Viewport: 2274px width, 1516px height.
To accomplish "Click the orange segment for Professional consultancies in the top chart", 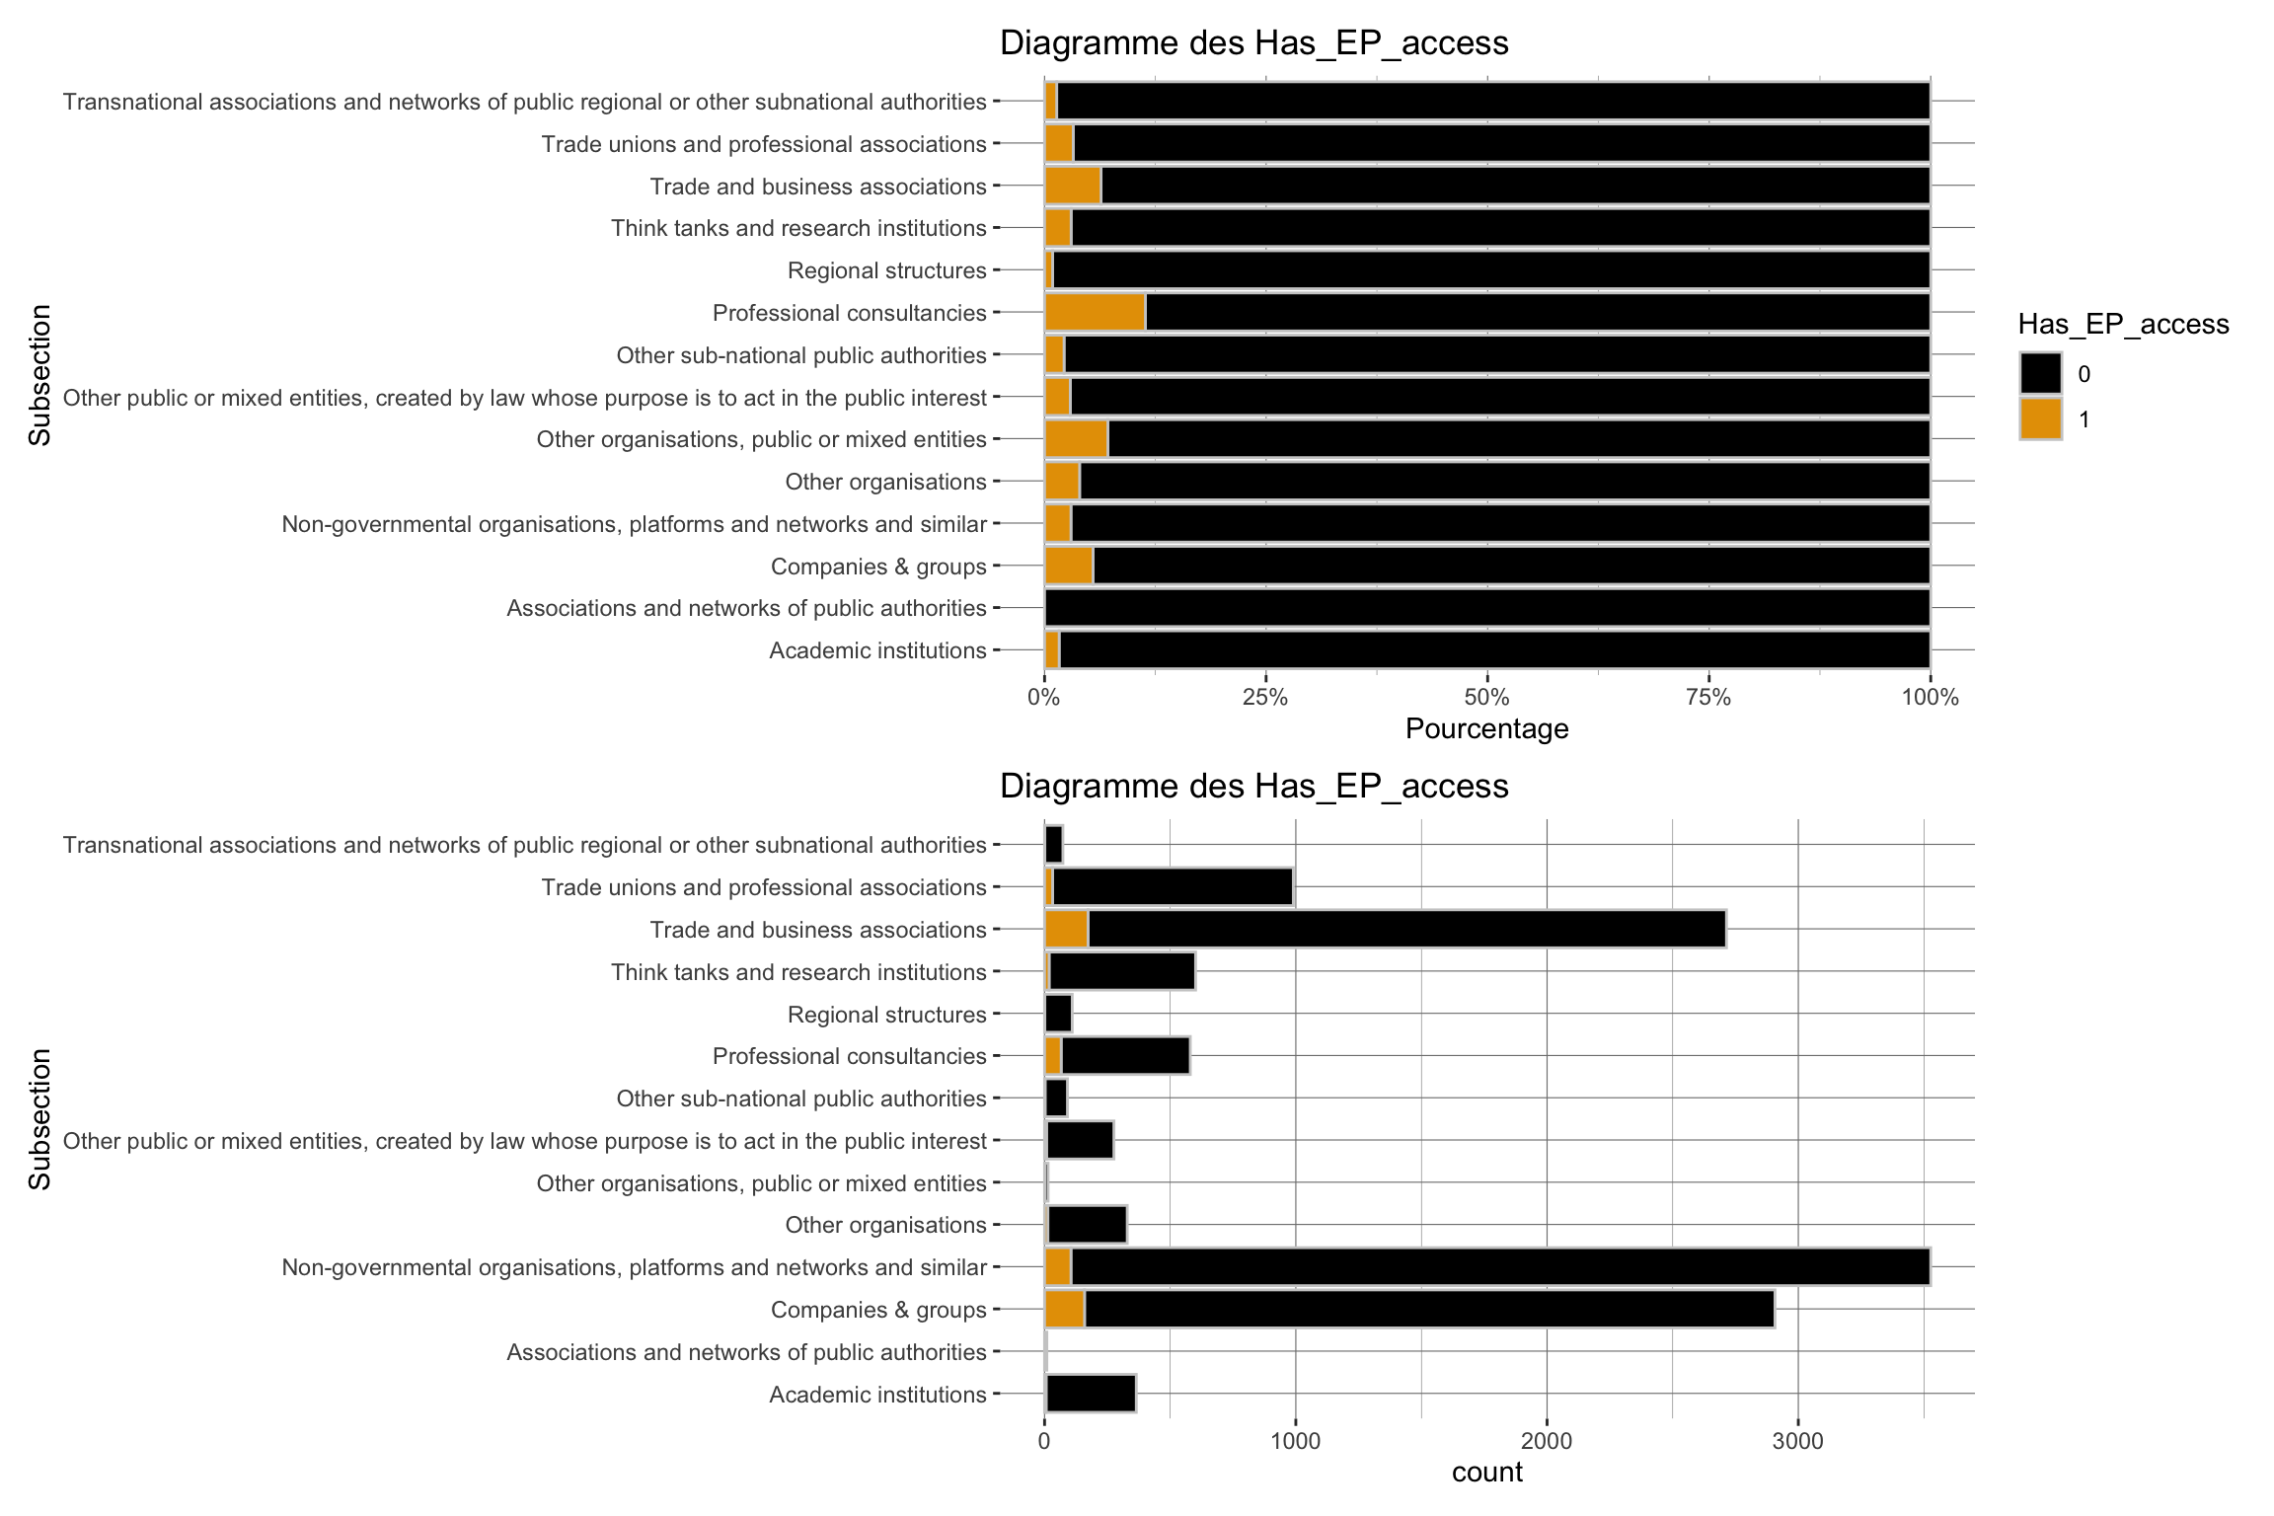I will (x=1095, y=313).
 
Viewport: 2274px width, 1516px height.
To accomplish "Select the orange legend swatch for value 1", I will (x=2040, y=418).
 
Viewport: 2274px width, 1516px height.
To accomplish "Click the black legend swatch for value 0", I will (x=2040, y=374).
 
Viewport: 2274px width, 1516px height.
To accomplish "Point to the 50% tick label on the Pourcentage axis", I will (x=1486, y=698).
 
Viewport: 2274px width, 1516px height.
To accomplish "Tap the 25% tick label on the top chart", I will (x=1264, y=698).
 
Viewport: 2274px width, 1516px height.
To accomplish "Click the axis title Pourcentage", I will (x=1486, y=729).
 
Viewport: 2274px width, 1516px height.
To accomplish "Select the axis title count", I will (x=1486, y=1473).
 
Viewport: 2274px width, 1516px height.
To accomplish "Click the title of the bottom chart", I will (x=1253, y=786).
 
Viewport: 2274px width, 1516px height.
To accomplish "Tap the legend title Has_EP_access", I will (x=2123, y=324).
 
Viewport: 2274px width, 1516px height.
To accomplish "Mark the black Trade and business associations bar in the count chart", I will (x=1406, y=930).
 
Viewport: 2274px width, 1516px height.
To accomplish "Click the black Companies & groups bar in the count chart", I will (x=1429, y=1310).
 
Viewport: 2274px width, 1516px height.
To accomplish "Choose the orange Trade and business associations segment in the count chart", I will (x=1066, y=930).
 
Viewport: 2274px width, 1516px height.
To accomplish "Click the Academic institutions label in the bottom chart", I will (x=877, y=1395).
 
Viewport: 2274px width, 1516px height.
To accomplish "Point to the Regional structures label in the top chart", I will (x=886, y=270).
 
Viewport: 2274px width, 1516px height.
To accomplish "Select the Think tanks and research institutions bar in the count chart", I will (x=1122, y=972).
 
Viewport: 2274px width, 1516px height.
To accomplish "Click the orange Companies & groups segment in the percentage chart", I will (x=1068, y=567).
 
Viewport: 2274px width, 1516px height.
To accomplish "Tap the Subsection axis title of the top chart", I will (x=39, y=375).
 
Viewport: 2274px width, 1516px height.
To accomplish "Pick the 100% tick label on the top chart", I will (x=1929, y=698).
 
